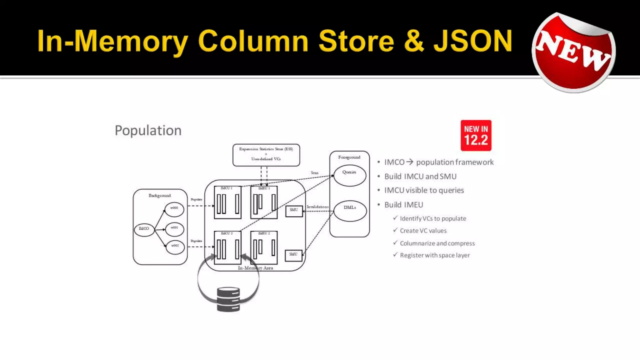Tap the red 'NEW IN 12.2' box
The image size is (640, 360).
(x=476, y=135)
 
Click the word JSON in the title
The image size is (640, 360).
(x=473, y=41)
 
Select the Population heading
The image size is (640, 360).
(x=148, y=130)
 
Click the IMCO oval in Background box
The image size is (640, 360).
(x=144, y=229)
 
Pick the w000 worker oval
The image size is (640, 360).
(x=174, y=209)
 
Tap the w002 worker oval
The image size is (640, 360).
(x=175, y=247)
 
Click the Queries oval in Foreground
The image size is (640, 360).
(x=349, y=175)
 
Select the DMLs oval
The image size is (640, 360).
(x=350, y=211)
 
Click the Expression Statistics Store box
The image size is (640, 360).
(x=266, y=155)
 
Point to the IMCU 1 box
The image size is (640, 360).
(x=227, y=202)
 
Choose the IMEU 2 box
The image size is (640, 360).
(x=264, y=247)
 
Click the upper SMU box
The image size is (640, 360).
(x=294, y=211)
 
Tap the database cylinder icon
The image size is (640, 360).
(x=228, y=299)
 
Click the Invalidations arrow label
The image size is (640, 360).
(x=317, y=207)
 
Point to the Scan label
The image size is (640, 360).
(x=314, y=173)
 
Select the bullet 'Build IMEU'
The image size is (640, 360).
(x=403, y=205)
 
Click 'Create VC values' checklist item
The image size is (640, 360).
(x=423, y=231)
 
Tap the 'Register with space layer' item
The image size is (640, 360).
(x=435, y=255)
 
